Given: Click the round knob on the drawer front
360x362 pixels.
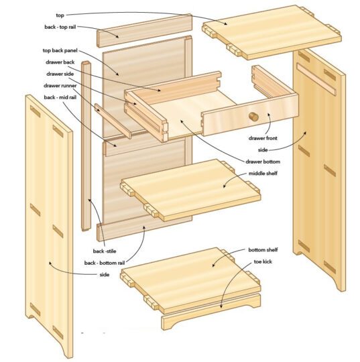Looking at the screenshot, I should point(255,116).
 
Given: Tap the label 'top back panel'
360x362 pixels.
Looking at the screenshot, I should point(62,50).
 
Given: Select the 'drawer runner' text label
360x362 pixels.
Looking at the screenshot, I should point(62,85).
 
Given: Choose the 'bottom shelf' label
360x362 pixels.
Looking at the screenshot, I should point(263,250).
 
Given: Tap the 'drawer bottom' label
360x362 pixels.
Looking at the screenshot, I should point(262,162).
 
